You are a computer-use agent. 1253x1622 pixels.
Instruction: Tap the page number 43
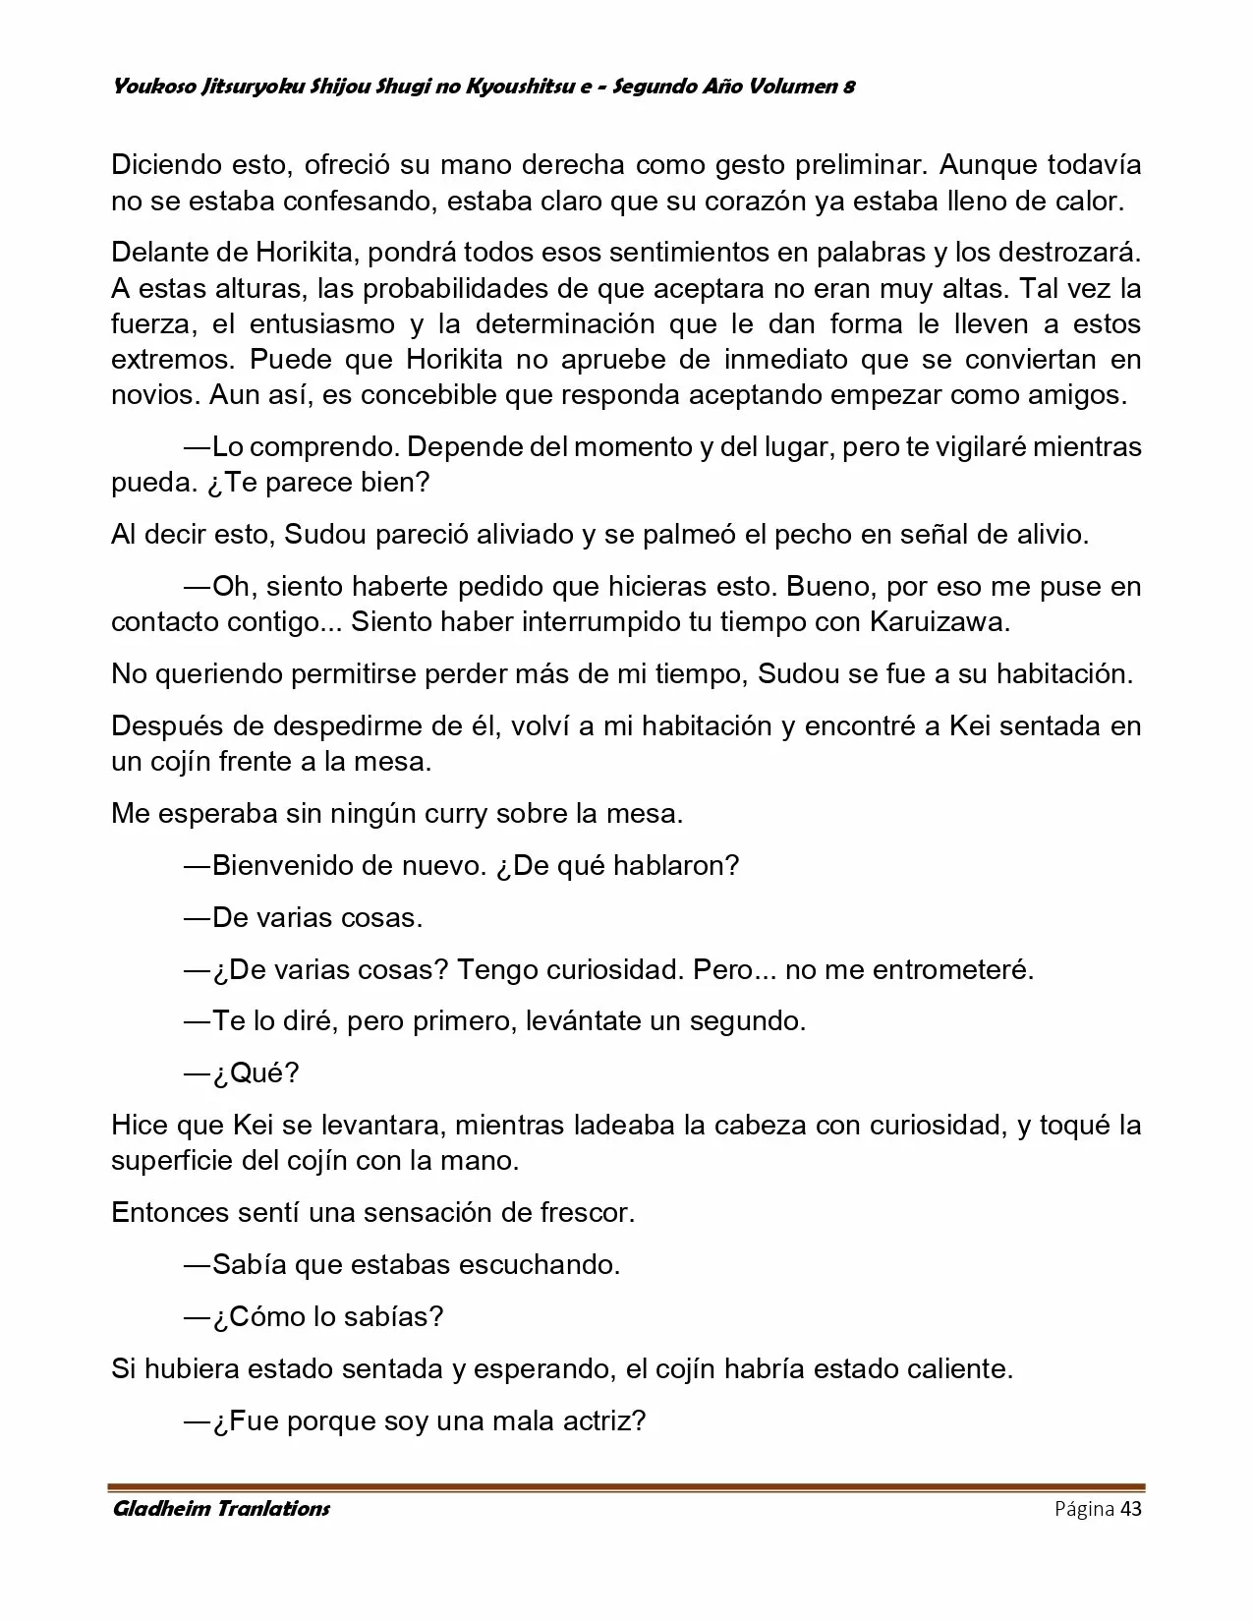point(1130,1508)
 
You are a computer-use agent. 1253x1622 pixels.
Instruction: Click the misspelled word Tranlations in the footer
point(273,1508)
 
